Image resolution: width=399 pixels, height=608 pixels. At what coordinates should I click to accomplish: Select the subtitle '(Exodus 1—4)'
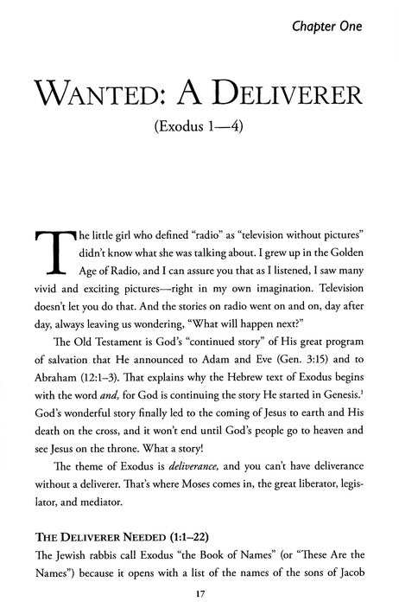click(x=200, y=134)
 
